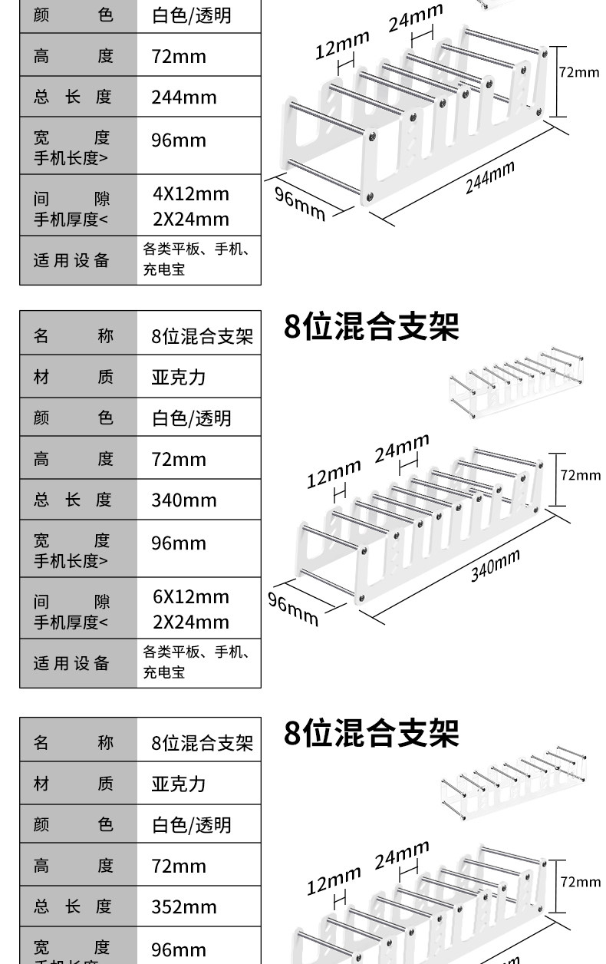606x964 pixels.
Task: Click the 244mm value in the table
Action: pyautogui.click(x=184, y=97)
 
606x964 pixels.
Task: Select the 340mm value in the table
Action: pyautogui.click(x=184, y=500)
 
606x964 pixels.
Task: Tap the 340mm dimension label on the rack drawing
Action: pyautogui.click(x=495, y=566)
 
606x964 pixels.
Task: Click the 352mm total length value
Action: pyautogui.click(x=184, y=907)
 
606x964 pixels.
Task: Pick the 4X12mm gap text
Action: pyautogui.click(x=191, y=194)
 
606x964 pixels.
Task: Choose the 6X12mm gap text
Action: pyautogui.click(x=191, y=597)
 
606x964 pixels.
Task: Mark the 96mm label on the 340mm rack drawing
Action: pyautogui.click(x=293, y=607)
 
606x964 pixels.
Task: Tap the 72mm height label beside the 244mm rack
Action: pyautogui.click(x=578, y=72)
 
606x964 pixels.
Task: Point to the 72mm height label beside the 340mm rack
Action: pyautogui.click(x=580, y=475)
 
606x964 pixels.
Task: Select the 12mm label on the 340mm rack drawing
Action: pyautogui.click(x=334, y=474)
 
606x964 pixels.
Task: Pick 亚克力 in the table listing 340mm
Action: pyautogui.click(x=179, y=378)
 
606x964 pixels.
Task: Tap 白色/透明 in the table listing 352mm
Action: pyautogui.click(x=191, y=825)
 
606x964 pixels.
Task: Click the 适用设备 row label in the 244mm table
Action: pyautogui.click(x=71, y=260)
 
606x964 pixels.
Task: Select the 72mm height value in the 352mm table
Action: pyautogui.click(x=179, y=867)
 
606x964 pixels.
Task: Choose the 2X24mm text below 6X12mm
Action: pyautogui.click(x=191, y=622)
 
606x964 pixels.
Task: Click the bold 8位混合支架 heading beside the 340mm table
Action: pyautogui.click(x=371, y=326)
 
